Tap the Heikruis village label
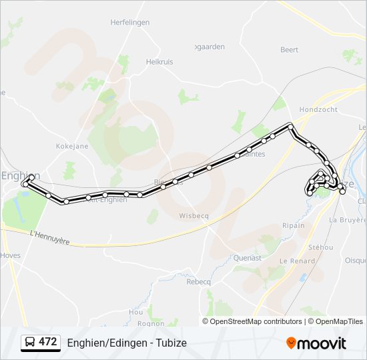pyautogui.click(x=159, y=62)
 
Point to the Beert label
pyautogui.click(x=290, y=50)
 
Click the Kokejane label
pyautogui.click(x=72, y=145)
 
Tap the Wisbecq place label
pyautogui.click(x=195, y=215)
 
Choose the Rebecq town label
pyautogui.click(x=198, y=282)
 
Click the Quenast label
pyautogui.click(x=248, y=257)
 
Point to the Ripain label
pyautogui.click(x=293, y=225)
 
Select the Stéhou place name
pyautogui.click(x=321, y=247)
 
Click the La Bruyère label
pyautogui.click(x=348, y=219)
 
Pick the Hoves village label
pyautogui.click(x=11, y=255)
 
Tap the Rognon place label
pyautogui.click(x=151, y=323)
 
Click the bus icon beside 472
pyautogui.click(x=30, y=342)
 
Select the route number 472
pyautogui.click(x=48, y=342)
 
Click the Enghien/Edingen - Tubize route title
pyautogui.click(x=127, y=343)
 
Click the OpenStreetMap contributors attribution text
pyautogui.click(x=256, y=321)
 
